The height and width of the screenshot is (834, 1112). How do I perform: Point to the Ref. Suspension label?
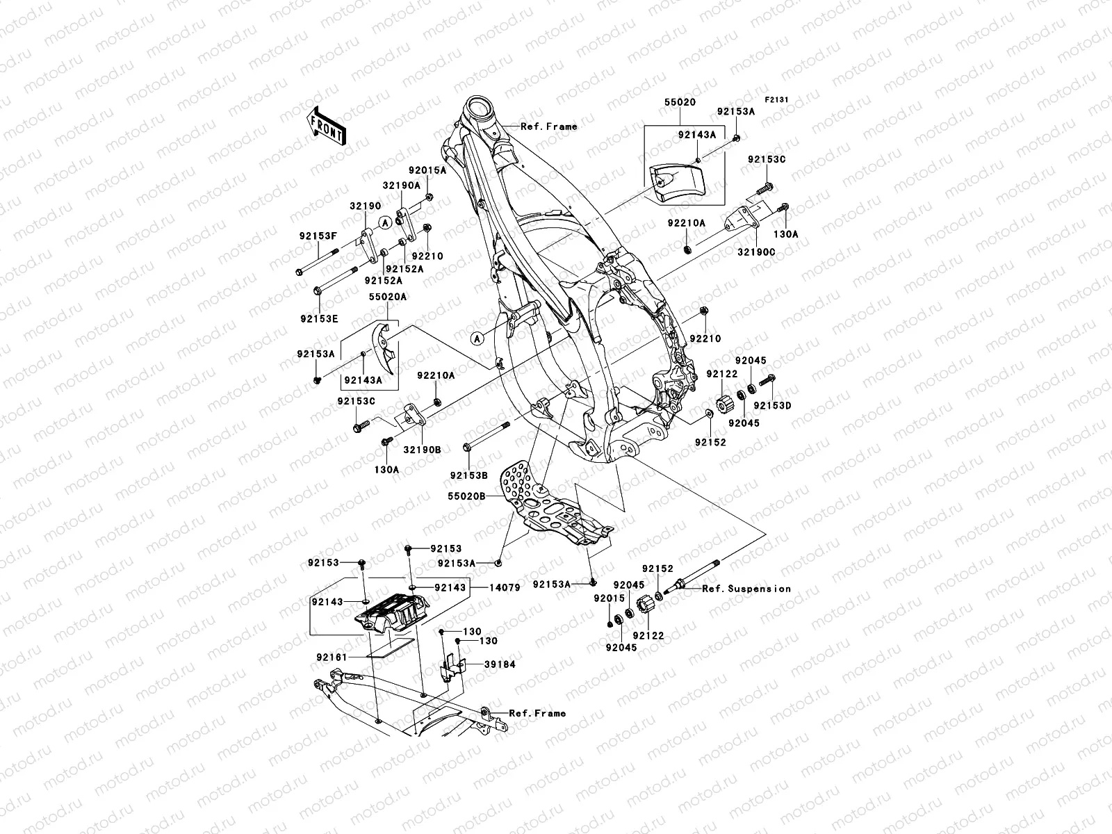click(x=746, y=588)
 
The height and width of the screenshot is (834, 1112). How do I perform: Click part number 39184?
click(x=500, y=664)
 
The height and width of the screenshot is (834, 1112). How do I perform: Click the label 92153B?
click(x=469, y=475)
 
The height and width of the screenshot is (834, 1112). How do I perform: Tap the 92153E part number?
click(x=319, y=318)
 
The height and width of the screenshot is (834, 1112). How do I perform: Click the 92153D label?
click(x=773, y=405)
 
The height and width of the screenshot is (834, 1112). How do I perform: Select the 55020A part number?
click(x=388, y=296)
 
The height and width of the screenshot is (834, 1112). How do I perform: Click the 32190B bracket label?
click(x=422, y=450)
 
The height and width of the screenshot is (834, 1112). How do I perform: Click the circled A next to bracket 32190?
click(x=386, y=222)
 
